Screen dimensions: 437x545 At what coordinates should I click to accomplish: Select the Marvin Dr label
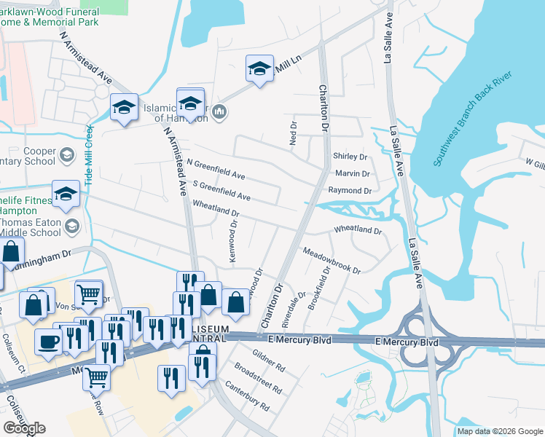click(353, 173)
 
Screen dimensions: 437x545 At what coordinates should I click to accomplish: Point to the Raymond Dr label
click(350, 190)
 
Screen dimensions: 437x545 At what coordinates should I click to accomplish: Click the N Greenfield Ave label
click(216, 169)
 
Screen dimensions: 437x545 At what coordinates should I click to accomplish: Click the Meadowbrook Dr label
click(332, 260)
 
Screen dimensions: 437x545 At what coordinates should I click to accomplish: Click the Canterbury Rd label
click(248, 395)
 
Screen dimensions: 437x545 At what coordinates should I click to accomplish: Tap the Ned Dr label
click(294, 132)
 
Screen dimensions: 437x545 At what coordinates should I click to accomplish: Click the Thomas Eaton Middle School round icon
click(71, 227)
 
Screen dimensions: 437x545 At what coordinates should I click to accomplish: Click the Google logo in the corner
click(24, 428)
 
